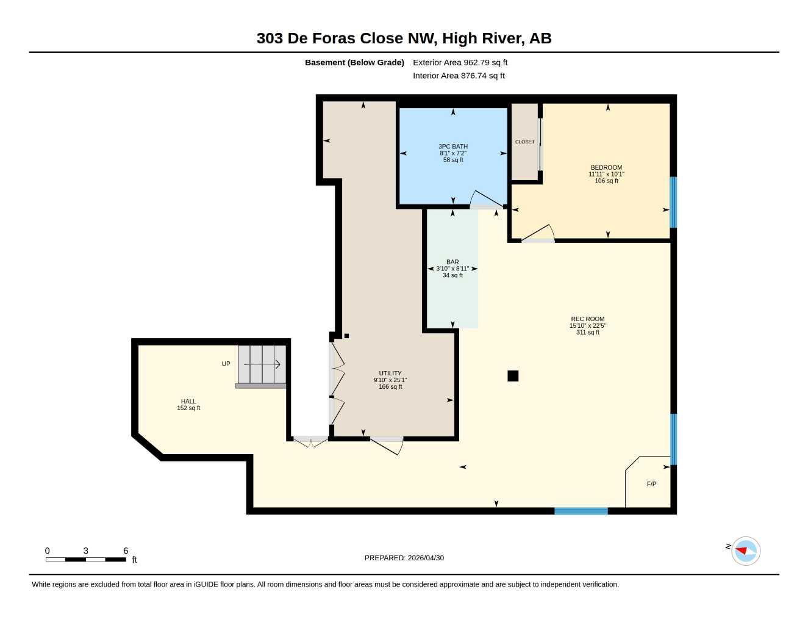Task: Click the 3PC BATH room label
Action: tap(453, 146)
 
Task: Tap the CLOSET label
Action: tap(524, 142)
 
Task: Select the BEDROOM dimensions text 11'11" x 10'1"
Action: tap(606, 174)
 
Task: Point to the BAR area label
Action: tap(452, 262)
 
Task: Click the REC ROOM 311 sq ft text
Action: tap(587, 332)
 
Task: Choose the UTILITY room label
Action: tap(390, 373)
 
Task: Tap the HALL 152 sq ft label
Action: tap(188, 405)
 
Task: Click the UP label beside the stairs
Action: tap(226, 364)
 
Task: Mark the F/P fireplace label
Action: tap(651, 484)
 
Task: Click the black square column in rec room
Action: tap(513, 376)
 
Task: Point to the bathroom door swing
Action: tap(487, 198)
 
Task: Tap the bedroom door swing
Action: tap(538, 233)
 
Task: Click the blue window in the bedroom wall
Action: tap(673, 202)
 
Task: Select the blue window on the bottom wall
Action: tap(581, 511)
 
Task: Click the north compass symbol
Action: tap(746, 551)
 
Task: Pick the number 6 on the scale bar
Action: tap(126, 551)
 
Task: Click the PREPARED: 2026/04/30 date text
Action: tap(404, 558)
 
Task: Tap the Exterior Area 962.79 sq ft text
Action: tap(460, 62)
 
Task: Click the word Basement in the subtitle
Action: tap(325, 62)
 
